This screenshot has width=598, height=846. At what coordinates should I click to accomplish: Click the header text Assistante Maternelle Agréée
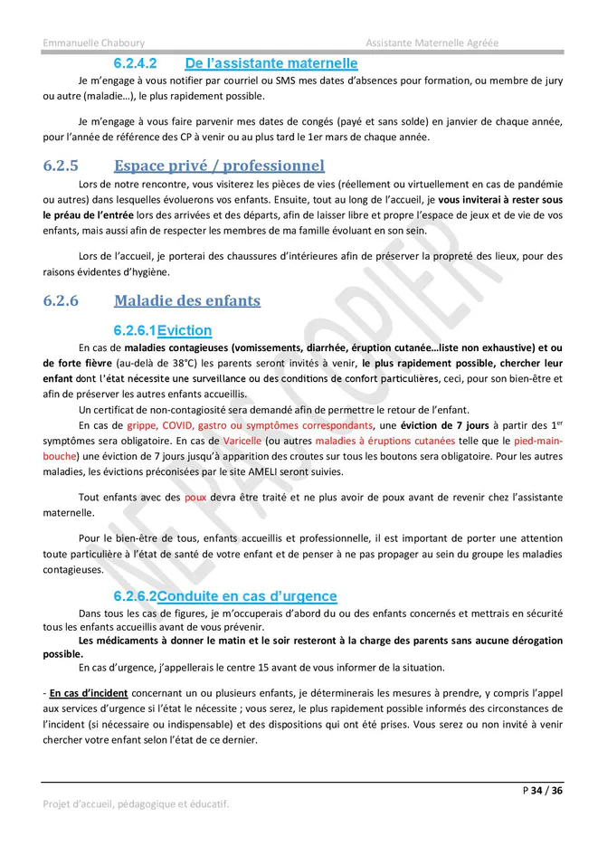[x=432, y=43]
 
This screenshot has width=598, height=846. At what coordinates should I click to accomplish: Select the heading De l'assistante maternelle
[x=271, y=63]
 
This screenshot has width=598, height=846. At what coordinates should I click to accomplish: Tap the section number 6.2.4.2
[x=136, y=63]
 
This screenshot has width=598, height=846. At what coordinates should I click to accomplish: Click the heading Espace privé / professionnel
[x=219, y=166]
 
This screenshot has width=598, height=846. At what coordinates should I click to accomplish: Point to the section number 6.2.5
[x=61, y=166]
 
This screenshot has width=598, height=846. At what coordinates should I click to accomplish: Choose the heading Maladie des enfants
[x=186, y=300]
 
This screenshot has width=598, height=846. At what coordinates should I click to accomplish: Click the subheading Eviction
[x=185, y=330]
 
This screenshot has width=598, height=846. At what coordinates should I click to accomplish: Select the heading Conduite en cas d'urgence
[x=247, y=596]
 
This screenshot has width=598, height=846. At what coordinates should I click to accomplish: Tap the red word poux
[x=195, y=497]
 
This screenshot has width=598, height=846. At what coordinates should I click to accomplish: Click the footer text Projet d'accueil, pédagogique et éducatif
[x=136, y=803]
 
